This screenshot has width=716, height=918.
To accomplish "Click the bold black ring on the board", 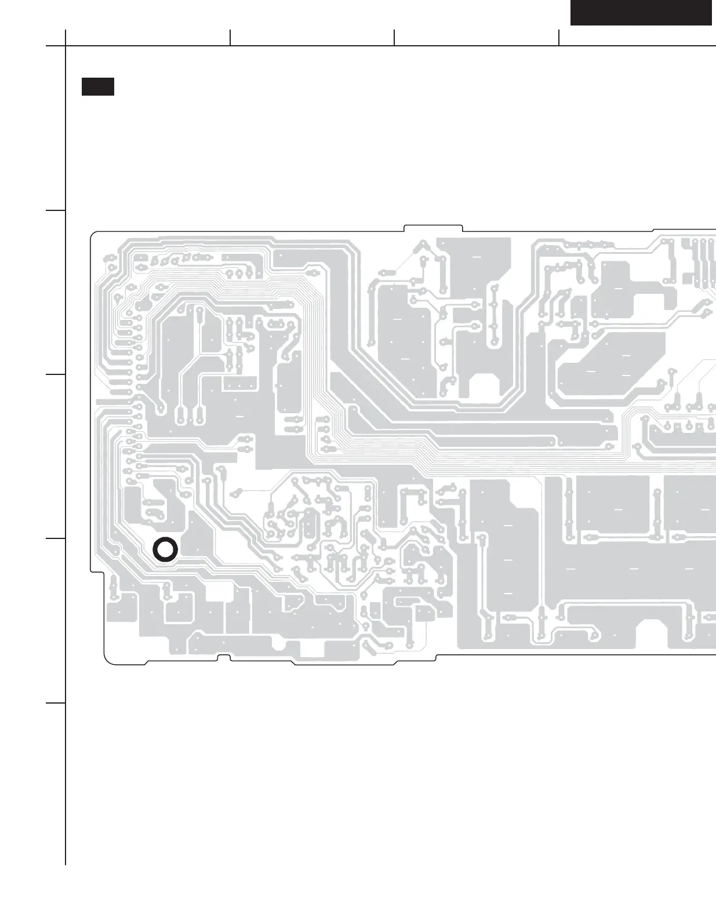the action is click(165, 549).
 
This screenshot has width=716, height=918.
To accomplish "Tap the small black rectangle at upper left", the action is click(97, 86).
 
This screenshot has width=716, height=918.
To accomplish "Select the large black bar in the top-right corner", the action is click(641, 13).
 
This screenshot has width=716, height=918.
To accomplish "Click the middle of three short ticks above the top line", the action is click(394, 38).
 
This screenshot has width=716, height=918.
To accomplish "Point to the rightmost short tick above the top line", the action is click(559, 38).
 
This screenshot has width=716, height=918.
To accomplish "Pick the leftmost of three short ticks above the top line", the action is click(230, 38).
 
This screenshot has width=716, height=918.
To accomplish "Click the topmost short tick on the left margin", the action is click(56, 210).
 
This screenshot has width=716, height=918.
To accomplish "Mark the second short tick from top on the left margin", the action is click(56, 374).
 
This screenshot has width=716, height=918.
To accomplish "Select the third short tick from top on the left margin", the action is click(56, 538).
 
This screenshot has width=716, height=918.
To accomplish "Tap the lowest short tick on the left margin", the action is click(56, 703).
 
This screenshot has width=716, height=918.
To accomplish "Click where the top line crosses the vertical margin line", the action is click(66, 45).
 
